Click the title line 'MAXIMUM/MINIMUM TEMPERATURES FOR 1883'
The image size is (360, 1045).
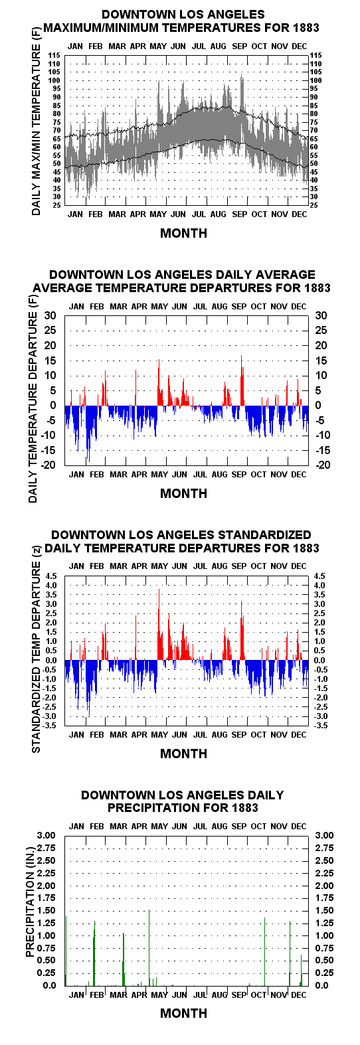tap(181, 28)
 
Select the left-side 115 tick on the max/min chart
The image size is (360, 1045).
tap(56, 55)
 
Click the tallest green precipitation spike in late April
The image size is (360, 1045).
tap(149, 947)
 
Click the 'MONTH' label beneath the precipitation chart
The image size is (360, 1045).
tap(183, 1013)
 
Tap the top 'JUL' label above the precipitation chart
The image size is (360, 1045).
tap(200, 826)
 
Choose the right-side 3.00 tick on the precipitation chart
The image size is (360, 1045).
tap(325, 835)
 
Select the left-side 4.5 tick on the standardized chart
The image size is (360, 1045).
tap(51, 576)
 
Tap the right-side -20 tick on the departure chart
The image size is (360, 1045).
tap(323, 465)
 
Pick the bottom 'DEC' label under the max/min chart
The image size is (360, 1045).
tap(300, 214)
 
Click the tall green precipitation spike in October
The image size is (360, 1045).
tap(265, 951)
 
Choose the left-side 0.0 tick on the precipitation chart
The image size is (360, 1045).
tap(50, 985)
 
